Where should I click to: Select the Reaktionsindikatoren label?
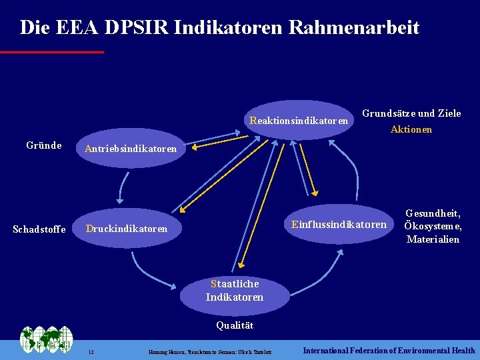point(299,121)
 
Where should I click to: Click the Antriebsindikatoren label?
point(131,149)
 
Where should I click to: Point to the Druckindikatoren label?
point(127,229)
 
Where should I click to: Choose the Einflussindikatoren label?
point(339,225)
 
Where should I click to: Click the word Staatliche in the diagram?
point(235,284)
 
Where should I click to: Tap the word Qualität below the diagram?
point(235,326)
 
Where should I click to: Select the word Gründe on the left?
point(44,145)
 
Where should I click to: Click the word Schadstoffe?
point(39,229)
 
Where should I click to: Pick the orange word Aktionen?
point(411,129)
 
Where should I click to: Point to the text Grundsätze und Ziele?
point(411,113)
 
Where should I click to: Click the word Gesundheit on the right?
point(433,213)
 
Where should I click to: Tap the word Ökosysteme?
point(433,226)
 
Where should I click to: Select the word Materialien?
point(433,239)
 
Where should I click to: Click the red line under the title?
point(52,51)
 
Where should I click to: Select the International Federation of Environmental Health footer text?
point(389,350)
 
